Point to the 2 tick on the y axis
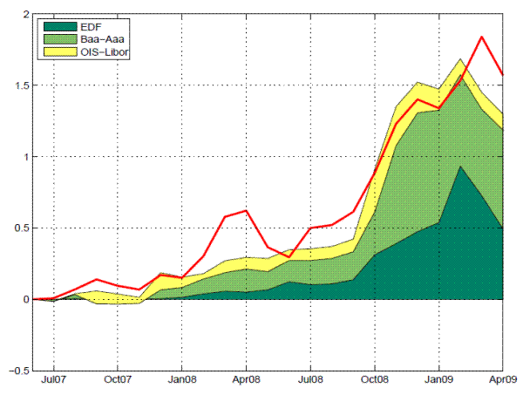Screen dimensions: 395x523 click(25, 15)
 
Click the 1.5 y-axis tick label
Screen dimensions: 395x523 click(21, 85)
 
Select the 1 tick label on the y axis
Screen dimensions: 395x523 click(25, 157)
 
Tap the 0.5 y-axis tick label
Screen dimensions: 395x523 click(21, 228)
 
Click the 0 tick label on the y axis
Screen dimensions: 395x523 click(25, 299)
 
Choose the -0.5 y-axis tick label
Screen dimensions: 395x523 click(18, 370)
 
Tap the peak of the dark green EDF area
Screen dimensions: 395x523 click(460, 167)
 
